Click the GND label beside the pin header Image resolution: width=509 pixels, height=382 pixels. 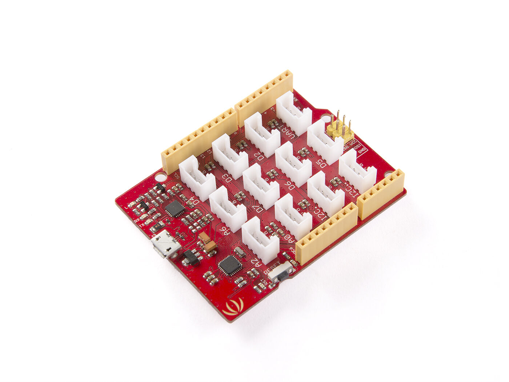362,151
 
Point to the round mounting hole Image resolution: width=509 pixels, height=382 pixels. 159,178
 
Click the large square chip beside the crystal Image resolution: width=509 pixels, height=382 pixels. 230,264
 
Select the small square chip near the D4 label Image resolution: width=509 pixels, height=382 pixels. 175,208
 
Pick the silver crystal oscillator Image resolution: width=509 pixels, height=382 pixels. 240,251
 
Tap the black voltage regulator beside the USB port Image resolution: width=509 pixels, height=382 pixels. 191,256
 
